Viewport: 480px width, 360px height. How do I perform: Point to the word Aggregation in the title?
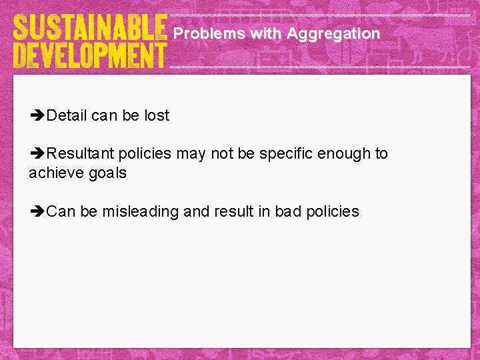coord(333,33)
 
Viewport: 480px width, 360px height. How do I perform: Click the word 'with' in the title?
coord(265,33)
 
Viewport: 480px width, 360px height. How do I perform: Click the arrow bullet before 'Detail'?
coord(37,116)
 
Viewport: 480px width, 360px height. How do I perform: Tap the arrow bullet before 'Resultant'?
coord(37,154)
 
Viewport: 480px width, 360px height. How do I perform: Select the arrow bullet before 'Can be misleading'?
coord(37,212)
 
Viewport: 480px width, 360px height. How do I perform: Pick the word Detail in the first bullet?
coord(67,115)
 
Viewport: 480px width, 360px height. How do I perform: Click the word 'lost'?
coord(157,115)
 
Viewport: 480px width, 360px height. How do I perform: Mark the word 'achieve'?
coord(55,173)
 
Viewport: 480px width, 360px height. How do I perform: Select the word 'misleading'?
coord(140,211)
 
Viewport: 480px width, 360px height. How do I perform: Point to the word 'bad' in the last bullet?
coord(289,211)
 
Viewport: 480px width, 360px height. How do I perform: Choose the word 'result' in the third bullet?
coord(233,211)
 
